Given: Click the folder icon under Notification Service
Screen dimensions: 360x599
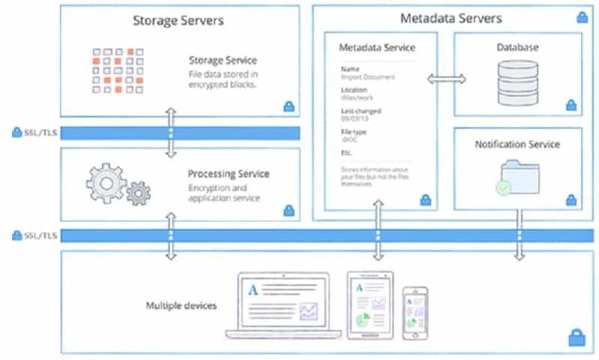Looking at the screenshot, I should point(517,177).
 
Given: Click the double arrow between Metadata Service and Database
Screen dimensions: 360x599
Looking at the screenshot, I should point(446,78).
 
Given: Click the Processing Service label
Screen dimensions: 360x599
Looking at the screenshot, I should point(228,174).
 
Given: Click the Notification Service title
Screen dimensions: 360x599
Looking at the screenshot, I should point(517,144).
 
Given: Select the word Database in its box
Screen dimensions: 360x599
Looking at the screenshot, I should point(517,47).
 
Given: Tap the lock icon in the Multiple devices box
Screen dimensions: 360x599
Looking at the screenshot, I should point(576,337).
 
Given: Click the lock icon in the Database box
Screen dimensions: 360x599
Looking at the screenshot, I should point(571,106).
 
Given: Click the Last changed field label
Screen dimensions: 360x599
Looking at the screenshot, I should point(360,111).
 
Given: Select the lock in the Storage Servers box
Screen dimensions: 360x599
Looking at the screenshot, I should point(289,106).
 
